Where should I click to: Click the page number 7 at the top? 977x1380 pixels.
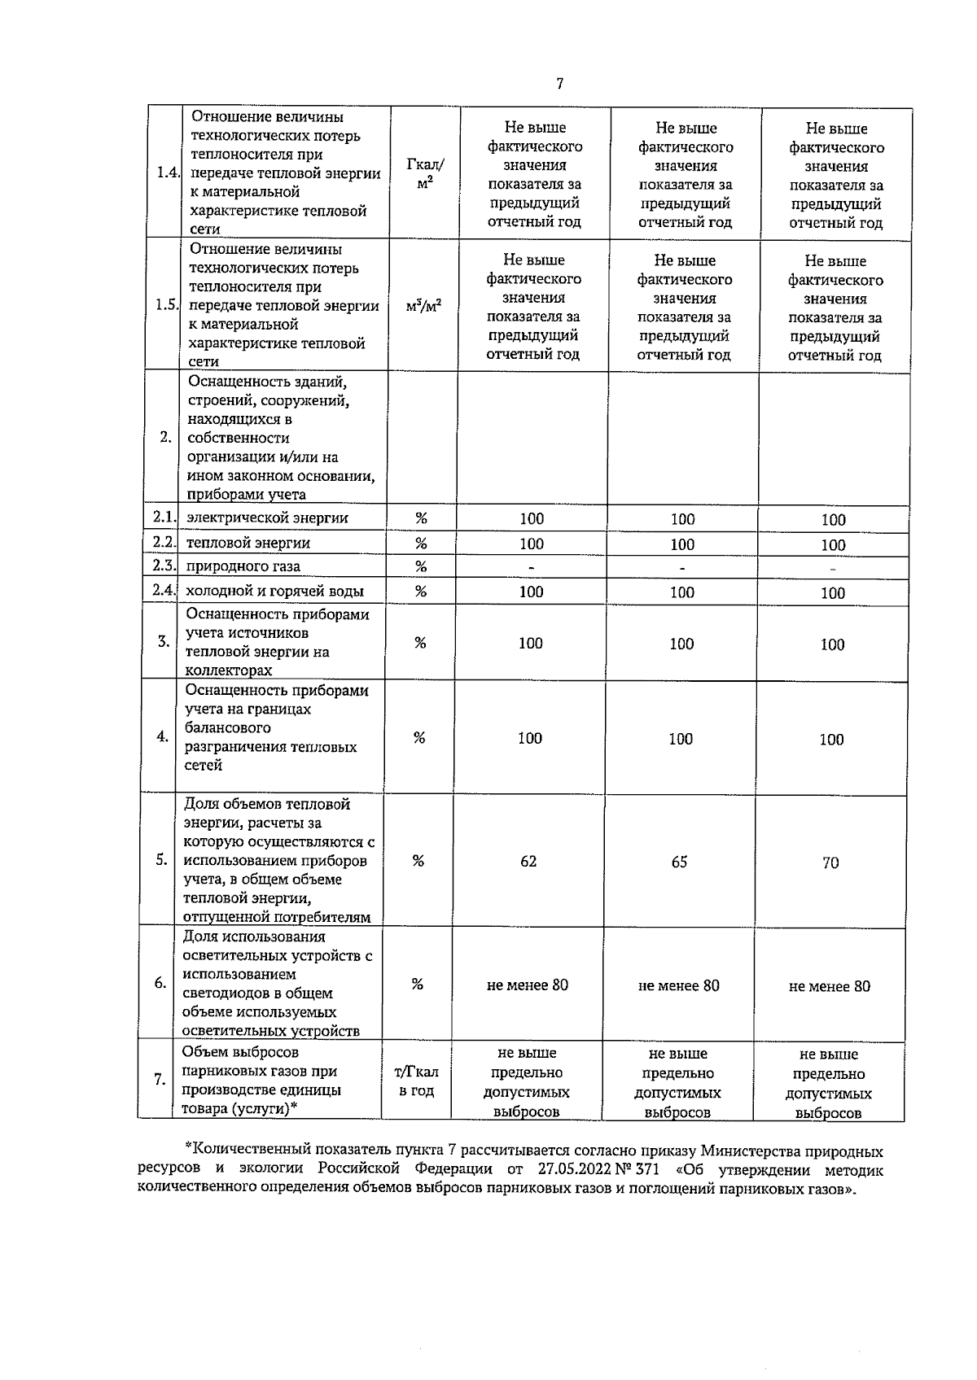[x=559, y=84]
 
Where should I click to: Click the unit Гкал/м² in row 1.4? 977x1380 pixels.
[x=424, y=173]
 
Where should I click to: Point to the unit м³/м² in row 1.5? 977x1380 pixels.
[x=423, y=307]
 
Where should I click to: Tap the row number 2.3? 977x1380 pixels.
[x=164, y=566]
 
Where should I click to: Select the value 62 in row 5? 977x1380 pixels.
[x=528, y=862]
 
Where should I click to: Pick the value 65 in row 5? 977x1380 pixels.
[x=679, y=862]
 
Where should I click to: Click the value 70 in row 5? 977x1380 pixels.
[x=830, y=862]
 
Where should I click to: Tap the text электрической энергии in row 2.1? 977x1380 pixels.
[x=267, y=517]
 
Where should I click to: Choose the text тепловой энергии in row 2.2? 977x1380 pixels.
[x=248, y=543]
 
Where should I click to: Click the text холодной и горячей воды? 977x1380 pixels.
[x=274, y=592]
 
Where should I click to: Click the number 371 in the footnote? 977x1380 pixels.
[x=645, y=1170]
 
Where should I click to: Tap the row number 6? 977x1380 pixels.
[x=160, y=983]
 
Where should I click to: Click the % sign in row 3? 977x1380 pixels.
[x=420, y=643]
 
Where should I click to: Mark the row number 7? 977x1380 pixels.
[x=160, y=1080]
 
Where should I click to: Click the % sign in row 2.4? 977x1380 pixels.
[x=421, y=592]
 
